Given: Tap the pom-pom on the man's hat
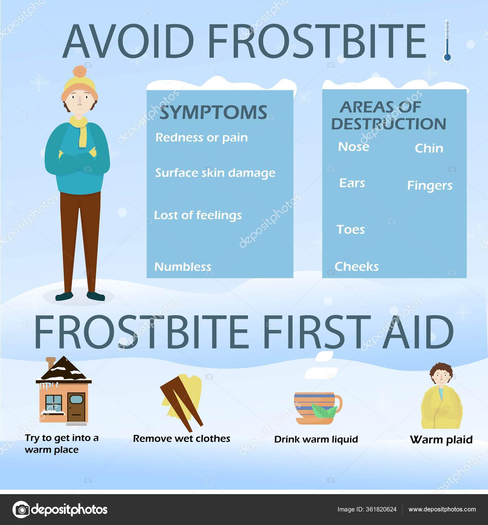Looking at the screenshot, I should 80,71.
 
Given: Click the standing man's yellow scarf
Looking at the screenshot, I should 81,130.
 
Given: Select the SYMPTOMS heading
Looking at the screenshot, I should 213,112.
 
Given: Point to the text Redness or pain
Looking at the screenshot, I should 201,137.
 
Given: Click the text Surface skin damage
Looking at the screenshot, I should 215,173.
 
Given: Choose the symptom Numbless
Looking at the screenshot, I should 183,267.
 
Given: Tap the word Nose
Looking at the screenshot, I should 354,147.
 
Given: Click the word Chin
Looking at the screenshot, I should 429,149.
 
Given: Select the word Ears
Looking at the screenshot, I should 352,183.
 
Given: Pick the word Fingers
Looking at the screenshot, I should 430,186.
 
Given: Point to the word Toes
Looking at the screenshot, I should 350,229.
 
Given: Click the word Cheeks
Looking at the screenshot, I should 356,267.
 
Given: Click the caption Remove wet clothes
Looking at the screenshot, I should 181,439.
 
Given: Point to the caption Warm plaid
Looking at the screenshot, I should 441,439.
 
